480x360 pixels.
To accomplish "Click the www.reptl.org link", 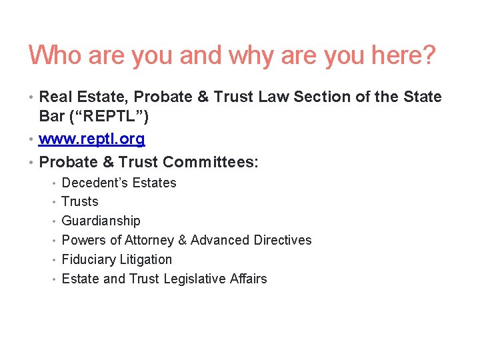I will (92, 139).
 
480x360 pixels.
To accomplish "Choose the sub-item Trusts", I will (80, 201).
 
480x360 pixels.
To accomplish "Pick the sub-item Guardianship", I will (101, 221).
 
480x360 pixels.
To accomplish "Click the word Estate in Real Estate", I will (99, 97).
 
